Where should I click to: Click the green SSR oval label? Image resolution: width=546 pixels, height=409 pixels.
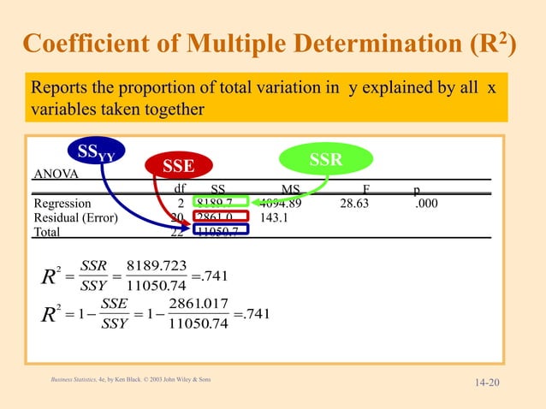(325, 160)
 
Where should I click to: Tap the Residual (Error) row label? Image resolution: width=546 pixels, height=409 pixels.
(76, 216)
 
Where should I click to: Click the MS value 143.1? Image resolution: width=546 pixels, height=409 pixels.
(275, 216)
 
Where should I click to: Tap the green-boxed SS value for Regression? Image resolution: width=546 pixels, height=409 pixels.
(219, 203)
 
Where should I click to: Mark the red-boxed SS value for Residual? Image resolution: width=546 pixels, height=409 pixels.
(219, 216)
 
